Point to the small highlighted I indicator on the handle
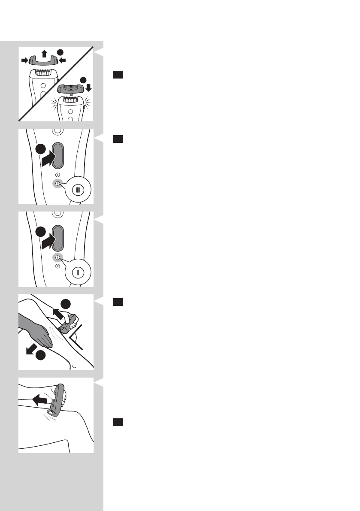[57, 258]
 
